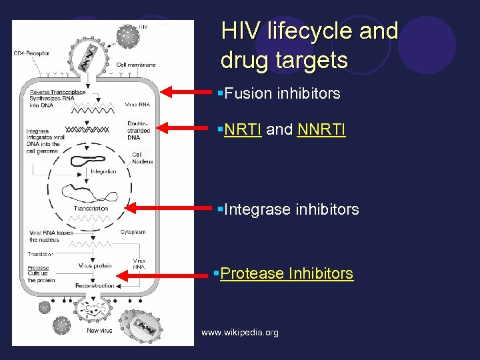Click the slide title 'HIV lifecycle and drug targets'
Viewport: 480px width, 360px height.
click(309, 45)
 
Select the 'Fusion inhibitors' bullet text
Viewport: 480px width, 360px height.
click(283, 93)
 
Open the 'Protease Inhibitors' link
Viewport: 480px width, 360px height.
click(287, 273)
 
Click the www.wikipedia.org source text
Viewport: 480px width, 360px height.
click(240, 332)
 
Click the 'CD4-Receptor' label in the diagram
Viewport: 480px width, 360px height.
click(31, 53)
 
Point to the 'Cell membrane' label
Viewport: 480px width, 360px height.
click(135, 65)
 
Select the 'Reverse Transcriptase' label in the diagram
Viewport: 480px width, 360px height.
click(57, 91)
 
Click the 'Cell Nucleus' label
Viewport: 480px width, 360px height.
click(142, 158)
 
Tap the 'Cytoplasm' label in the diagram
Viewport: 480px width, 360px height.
click(133, 233)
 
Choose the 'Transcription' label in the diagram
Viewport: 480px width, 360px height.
click(91, 209)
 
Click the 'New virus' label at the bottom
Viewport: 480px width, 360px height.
click(99, 331)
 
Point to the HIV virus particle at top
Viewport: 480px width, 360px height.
click(127, 35)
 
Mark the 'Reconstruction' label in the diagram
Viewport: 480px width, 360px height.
click(95, 286)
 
